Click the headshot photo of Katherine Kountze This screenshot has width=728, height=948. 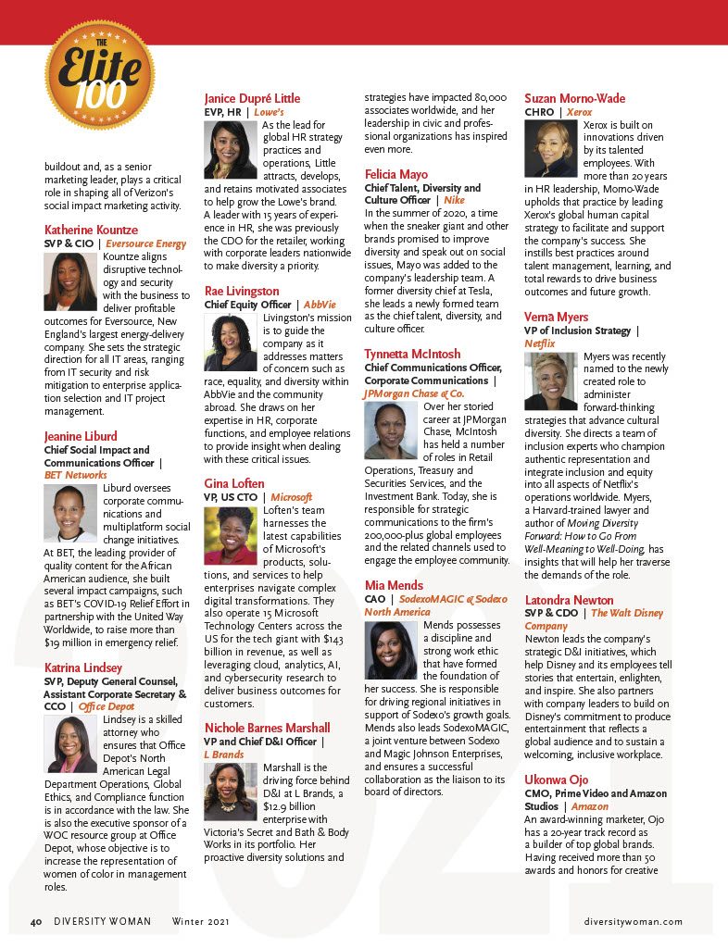point(69,281)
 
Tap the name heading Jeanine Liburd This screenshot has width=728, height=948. point(81,436)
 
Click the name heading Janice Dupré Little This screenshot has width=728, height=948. point(252,99)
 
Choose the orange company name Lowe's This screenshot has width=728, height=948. point(270,112)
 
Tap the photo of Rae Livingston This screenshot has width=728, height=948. point(229,343)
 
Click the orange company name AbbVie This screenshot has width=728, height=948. point(320,305)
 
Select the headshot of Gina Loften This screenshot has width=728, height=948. point(229,536)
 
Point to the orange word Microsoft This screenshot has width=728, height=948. point(291,497)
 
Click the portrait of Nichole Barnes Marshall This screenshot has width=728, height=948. point(230,792)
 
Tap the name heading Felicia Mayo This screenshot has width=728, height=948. point(395,174)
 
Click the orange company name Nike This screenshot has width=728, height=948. point(454,200)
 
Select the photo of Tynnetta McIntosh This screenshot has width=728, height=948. point(390,431)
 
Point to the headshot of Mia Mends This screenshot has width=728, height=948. point(390,651)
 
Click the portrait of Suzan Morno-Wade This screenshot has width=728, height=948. point(550,148)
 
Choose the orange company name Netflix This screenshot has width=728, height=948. point(540,343)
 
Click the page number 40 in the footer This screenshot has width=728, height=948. point(37,922)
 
